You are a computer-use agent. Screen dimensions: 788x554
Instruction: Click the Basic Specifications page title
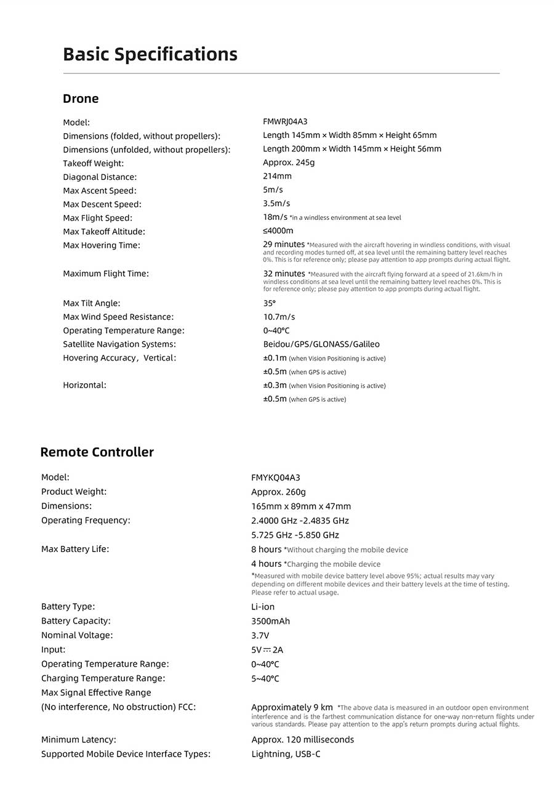150,54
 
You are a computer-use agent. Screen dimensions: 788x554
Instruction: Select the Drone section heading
81,99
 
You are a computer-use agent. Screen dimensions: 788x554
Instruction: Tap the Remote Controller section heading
97,452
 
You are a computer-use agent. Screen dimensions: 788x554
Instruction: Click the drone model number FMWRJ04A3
285,121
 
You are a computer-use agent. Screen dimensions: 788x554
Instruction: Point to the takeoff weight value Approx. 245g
289,163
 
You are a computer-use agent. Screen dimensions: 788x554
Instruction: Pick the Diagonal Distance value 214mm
277,176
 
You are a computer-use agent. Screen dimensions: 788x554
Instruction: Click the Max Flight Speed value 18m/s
275,217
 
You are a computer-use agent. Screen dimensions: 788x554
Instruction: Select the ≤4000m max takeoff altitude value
278,231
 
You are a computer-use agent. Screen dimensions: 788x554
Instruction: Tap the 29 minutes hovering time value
284,245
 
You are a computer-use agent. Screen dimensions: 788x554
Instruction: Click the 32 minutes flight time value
284,274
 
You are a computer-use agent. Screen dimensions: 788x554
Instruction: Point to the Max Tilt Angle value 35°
270,303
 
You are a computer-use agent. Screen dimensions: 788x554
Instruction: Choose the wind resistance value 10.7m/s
279,317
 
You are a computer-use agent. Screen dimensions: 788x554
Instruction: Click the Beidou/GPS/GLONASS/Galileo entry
321,344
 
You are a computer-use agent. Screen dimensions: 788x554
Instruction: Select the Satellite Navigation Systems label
119,344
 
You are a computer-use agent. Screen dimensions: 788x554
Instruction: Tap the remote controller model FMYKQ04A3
276,477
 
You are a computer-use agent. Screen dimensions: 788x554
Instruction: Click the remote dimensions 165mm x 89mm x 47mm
301,506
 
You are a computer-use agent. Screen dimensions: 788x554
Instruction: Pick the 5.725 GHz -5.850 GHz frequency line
295,535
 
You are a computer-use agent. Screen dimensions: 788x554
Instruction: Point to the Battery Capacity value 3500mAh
270,621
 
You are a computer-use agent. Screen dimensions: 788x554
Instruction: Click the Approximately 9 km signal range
292,707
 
